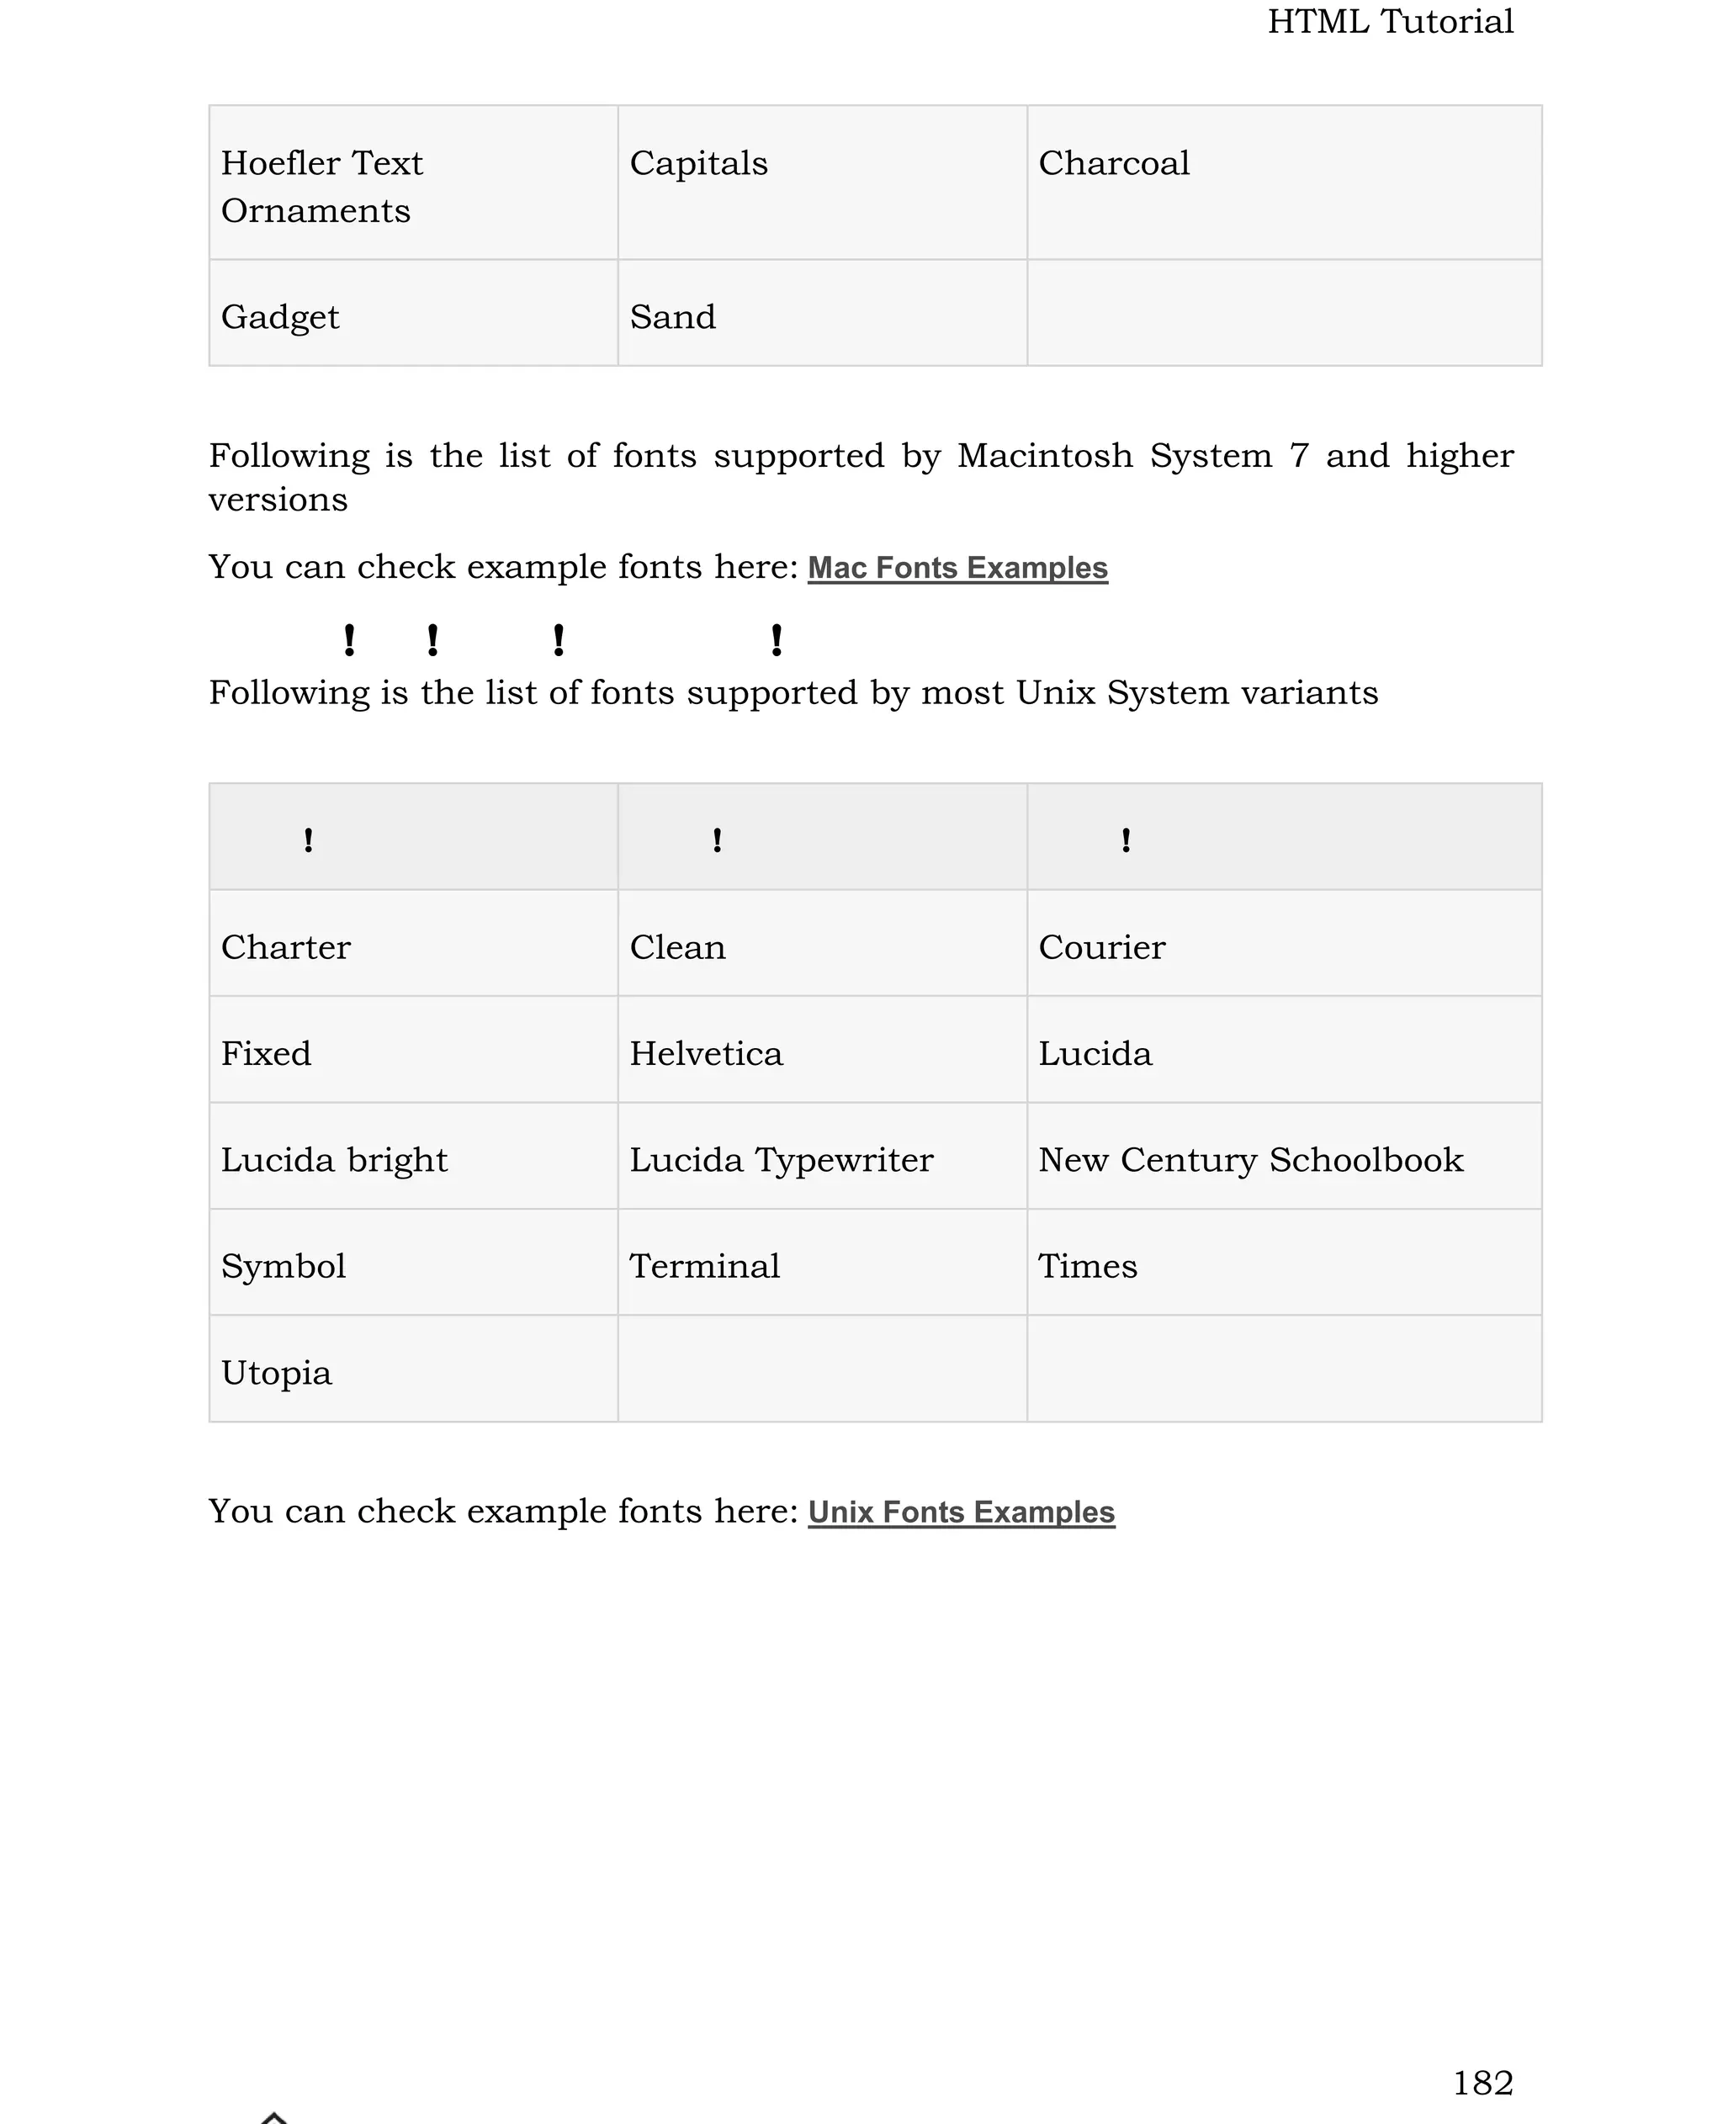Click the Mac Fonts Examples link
coord(957,568)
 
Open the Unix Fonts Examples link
coord(961,1512)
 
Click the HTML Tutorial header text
coord(1390,22)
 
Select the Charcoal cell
coord(1114,164)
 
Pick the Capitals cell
coord(699,164)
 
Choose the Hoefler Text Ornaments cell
coord(321,187)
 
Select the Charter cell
coord(286,948)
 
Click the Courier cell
coord(1101,948)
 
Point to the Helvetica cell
coord(706,1054)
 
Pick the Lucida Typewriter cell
coord(781,1160)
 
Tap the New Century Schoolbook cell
coord(1250,1160)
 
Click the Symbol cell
coord(283,1267)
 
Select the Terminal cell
coord(705,1267)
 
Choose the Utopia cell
coord(276,1374)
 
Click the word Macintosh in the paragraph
coord(1044,456)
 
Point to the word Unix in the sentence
coord(1055,693)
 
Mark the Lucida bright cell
coord(335,1160)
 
